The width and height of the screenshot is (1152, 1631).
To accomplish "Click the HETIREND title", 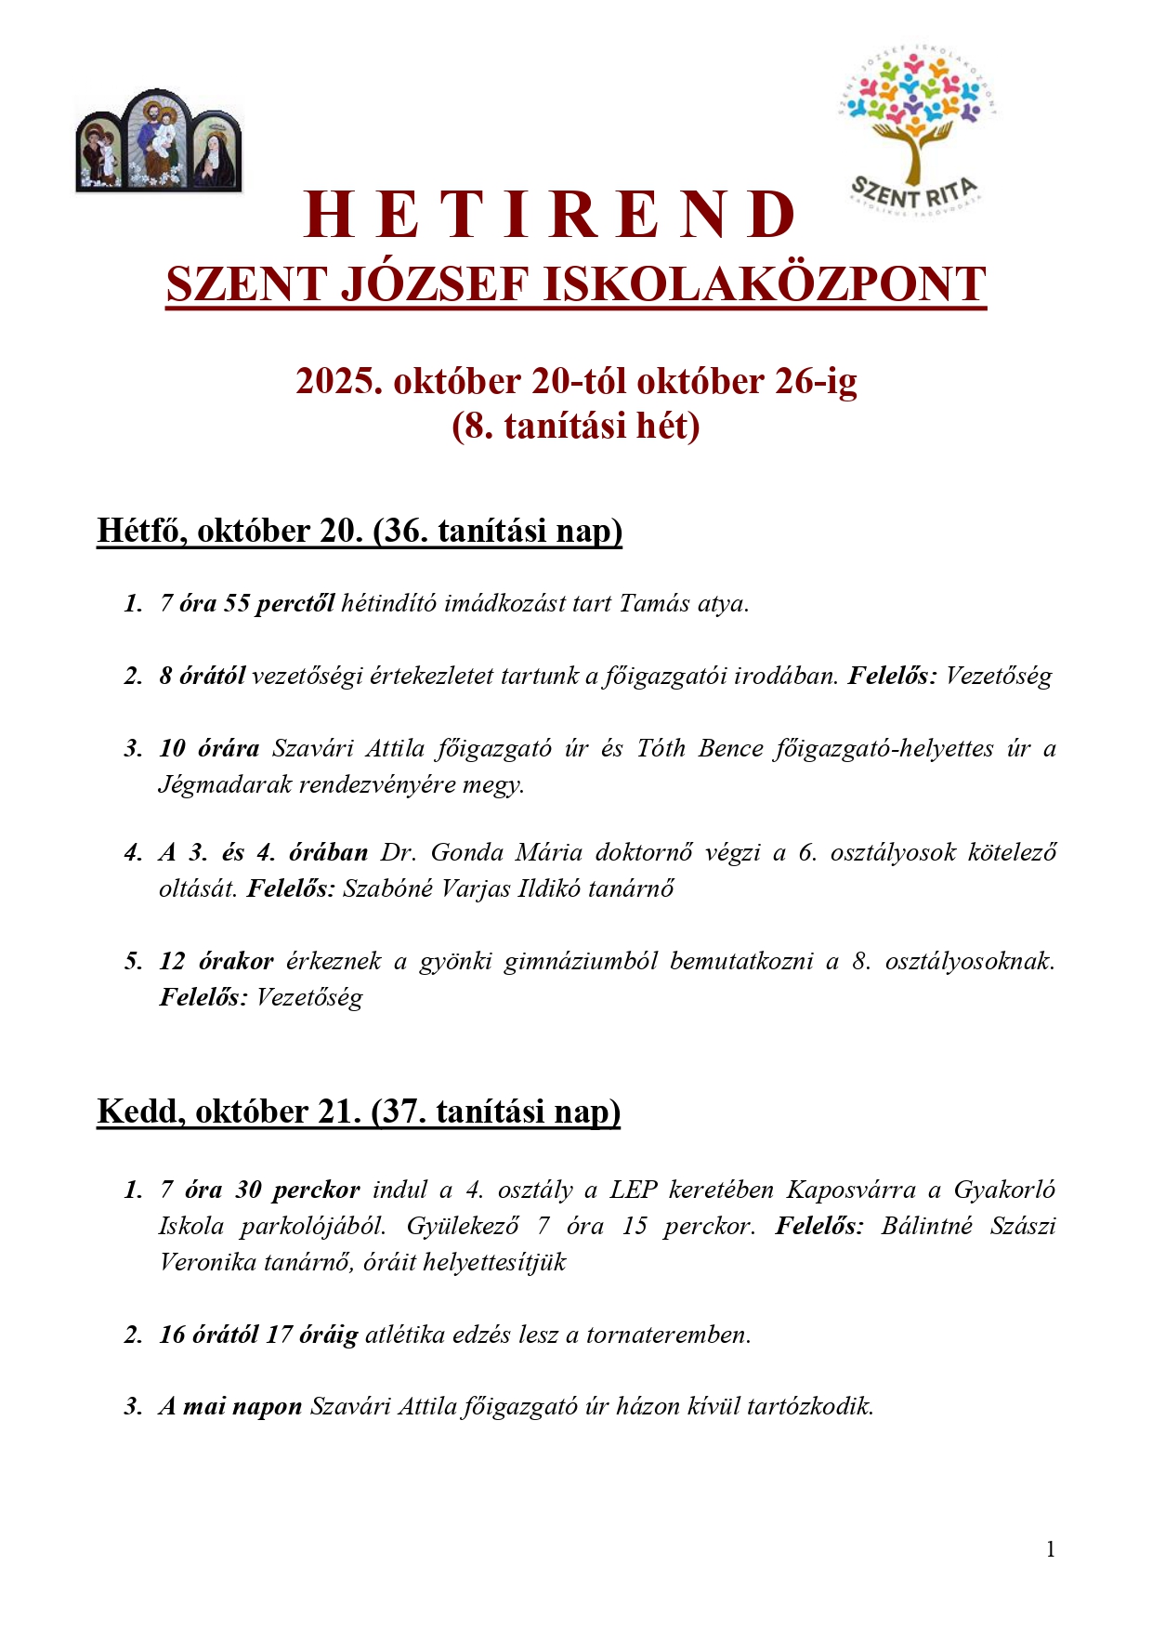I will click(x=550, y=215).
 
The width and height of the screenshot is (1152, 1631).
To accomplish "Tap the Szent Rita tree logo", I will click(x=917, y=127).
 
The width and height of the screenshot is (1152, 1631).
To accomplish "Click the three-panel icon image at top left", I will click(x=158, y=141).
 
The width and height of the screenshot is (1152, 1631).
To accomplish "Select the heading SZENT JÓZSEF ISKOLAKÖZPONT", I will click(x=576, y=284).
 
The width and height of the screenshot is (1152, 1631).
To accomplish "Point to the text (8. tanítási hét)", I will click(x=576, y=426).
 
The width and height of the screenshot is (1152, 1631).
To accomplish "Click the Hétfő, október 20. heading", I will click(x=360, y=531).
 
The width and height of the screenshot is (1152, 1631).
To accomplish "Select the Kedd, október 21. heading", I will click(x=359, y=1111).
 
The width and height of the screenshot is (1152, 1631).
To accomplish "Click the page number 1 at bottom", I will click(x=1051, y=1549).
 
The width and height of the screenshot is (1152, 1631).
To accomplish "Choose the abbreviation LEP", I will click(x=634, y=1190).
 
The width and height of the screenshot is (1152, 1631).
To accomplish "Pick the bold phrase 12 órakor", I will click(x=216, y=961).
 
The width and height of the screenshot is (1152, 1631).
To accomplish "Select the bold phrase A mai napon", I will click(x=230, y=1406).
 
